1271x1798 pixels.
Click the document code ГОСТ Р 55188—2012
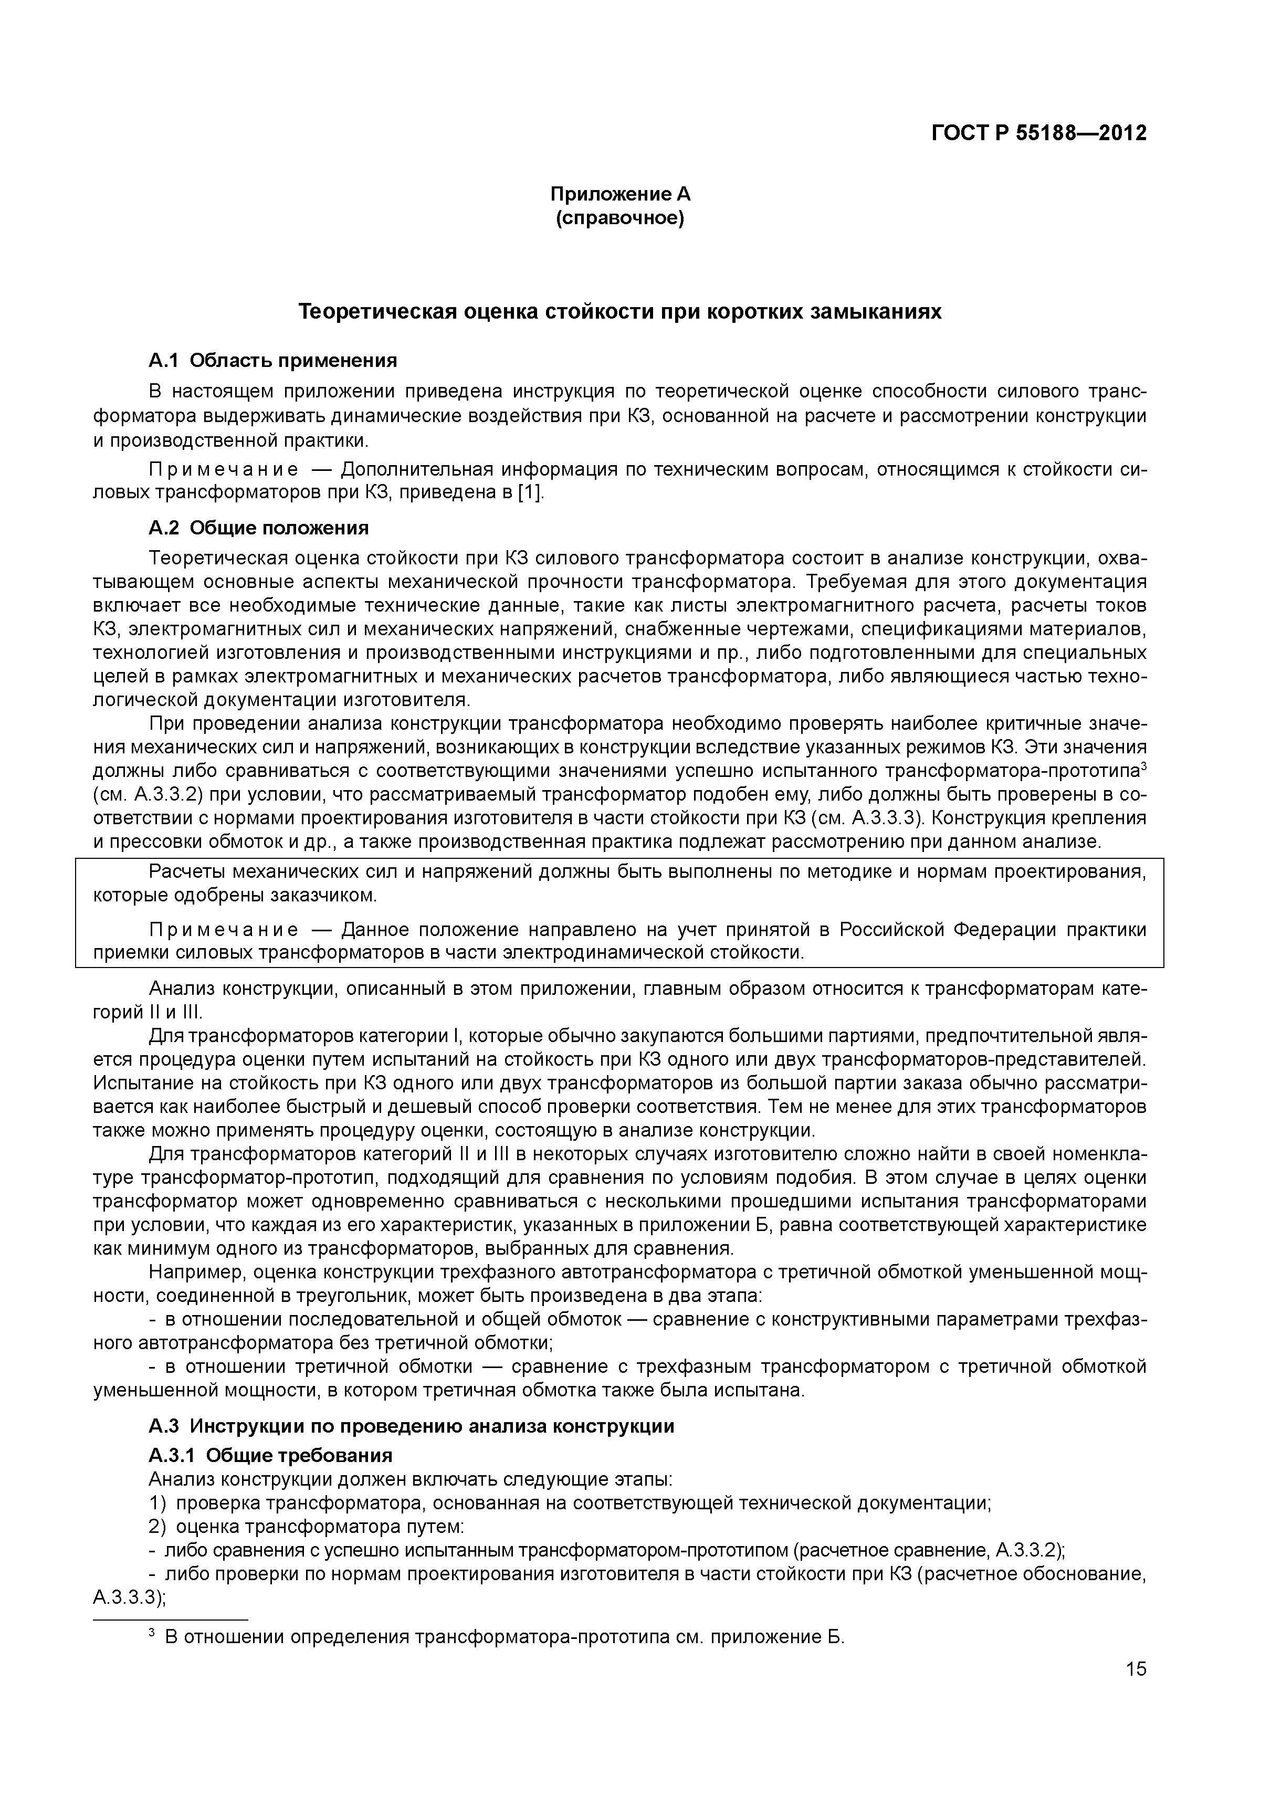1038,133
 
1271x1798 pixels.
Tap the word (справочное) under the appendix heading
619,218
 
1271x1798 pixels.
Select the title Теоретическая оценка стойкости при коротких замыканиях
619,312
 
